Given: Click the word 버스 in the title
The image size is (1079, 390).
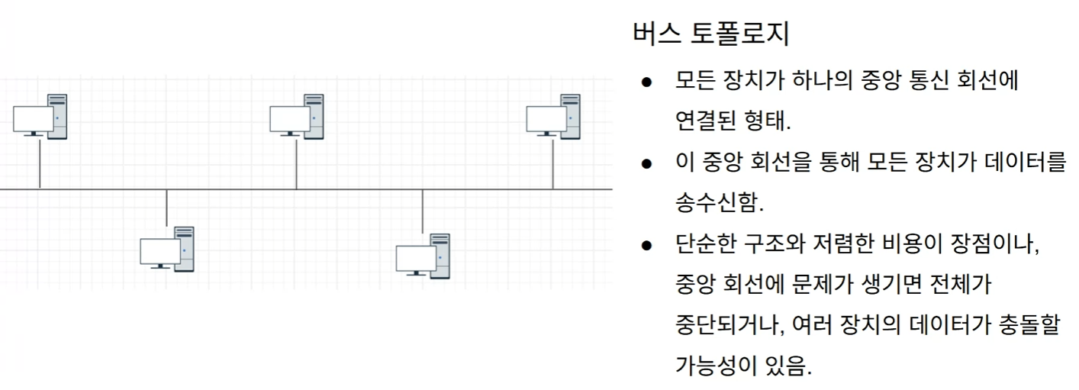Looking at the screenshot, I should tap(654, 34).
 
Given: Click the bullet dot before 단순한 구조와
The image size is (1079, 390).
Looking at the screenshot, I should tap(646, 246).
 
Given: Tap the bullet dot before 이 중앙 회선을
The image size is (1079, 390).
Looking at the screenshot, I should tap(646, 163).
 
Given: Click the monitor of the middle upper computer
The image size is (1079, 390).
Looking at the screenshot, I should tap(290, 120).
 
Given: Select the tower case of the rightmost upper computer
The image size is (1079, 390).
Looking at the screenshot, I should tap(570, 116).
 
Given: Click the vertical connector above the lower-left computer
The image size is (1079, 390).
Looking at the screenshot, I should tap(166, 207).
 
